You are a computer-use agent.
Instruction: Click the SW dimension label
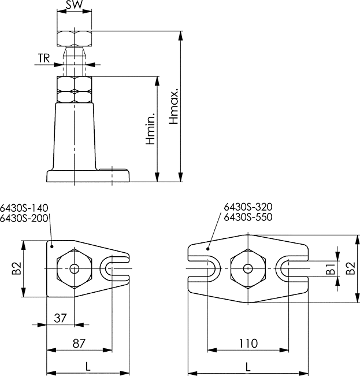click(74, 5)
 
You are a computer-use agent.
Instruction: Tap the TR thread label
click(44, 58)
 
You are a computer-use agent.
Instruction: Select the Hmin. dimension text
click(150, 129)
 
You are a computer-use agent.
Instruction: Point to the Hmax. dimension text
click(174, 106)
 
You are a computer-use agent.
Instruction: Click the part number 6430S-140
click(24, 208)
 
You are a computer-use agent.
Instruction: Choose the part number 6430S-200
click(24, 218)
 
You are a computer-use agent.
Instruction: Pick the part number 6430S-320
click(248, 207)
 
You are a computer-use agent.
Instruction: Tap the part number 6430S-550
click(248, 217)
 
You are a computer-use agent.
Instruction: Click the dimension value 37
click(60, 318)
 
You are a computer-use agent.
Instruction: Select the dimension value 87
click(79, 344)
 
